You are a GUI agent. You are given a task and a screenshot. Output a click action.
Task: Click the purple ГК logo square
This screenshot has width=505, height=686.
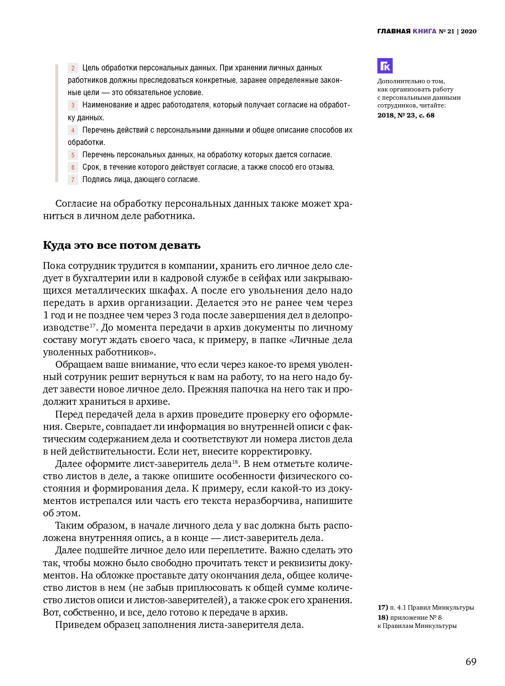click(x=385, y=66)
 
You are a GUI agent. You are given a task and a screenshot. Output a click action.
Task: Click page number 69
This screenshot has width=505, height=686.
click(x=471, y=662)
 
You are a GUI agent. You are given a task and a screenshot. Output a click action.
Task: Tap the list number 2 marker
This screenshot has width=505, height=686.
click(x=73, y=68)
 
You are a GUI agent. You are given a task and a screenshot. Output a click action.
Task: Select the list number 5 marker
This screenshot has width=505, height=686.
click(x=73, y=155)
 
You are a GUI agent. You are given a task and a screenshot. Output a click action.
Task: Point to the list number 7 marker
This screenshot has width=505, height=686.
click(x=73, y=180)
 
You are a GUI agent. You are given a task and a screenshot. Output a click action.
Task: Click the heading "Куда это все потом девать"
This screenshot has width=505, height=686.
click(x=122, y=245)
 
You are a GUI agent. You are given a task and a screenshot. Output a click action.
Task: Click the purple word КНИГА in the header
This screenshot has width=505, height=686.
click(x=424, y=31)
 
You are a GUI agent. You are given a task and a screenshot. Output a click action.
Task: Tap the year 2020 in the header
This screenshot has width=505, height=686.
click(x=468, y=31)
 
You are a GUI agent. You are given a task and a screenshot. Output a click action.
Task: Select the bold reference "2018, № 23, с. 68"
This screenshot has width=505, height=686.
click(x=406, y=115)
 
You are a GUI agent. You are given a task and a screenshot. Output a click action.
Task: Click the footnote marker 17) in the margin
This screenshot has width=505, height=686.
click(x=382, y=607)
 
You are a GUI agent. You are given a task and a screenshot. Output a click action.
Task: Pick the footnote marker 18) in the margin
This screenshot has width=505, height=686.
click(x=382, y=617)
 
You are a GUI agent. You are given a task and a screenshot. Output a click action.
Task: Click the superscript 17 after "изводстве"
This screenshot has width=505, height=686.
click(x=92, y=325)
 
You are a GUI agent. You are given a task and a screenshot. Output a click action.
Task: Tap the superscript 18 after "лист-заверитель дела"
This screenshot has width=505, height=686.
click(x=235, y=461)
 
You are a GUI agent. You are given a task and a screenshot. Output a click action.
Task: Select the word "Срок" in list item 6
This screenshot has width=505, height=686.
click(x=91, y=167)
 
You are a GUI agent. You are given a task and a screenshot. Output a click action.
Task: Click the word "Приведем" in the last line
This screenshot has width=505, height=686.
click(x=75, y=625)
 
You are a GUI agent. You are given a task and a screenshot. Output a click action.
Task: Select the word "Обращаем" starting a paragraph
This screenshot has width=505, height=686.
click(x=77, y=364)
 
